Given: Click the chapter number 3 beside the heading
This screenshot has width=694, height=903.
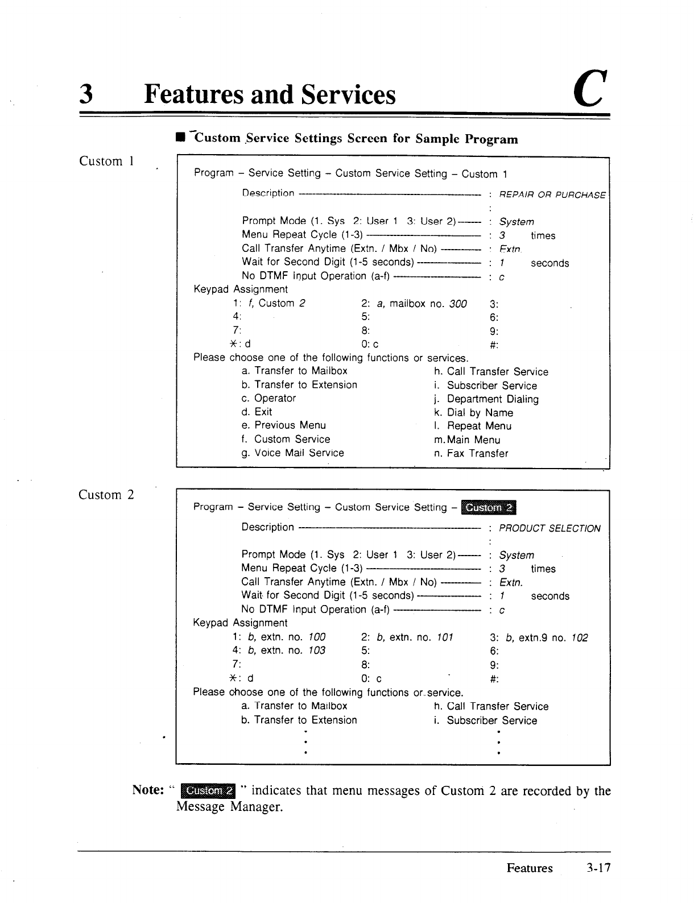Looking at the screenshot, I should click(86, 94).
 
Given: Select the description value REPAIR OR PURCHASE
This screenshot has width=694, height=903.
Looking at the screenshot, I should click(552, 195).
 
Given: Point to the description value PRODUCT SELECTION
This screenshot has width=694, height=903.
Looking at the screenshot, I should click(549, 528).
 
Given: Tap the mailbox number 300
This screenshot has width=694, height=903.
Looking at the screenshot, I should click(458, 304).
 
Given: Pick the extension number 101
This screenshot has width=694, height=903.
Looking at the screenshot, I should click(445, 637).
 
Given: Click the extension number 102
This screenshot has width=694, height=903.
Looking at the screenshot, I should click(580, 638).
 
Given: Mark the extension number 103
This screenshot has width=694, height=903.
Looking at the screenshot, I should click(317, 651).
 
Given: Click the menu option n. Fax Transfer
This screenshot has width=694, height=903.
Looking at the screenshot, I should click(471, 453).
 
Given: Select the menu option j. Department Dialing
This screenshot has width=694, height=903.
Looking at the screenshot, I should click(486, 399).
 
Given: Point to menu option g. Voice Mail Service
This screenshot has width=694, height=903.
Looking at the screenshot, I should click(292, 453).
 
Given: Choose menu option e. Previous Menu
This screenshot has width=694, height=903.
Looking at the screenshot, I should click(283, 425).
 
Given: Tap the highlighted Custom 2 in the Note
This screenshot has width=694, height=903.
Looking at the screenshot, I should click(208, 790).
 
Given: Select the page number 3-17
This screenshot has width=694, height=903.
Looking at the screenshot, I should click(599, 868).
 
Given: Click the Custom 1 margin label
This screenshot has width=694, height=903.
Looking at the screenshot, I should click(106, 161).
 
